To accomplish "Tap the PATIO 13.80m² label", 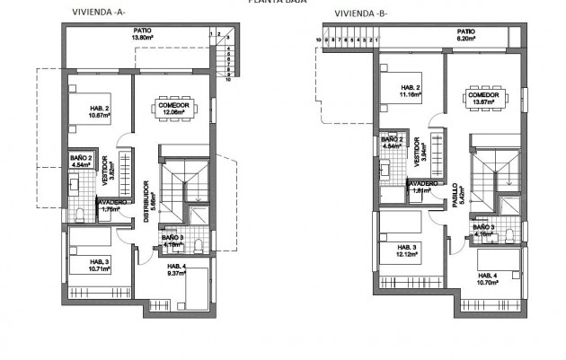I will pos(144,35).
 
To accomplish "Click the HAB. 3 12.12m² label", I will pos(407,250).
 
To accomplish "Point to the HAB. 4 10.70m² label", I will pos(491,277).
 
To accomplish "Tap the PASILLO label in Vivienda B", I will pos(455,196).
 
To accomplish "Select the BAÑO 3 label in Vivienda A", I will pos(172,240).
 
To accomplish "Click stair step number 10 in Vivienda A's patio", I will pos(228,79).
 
